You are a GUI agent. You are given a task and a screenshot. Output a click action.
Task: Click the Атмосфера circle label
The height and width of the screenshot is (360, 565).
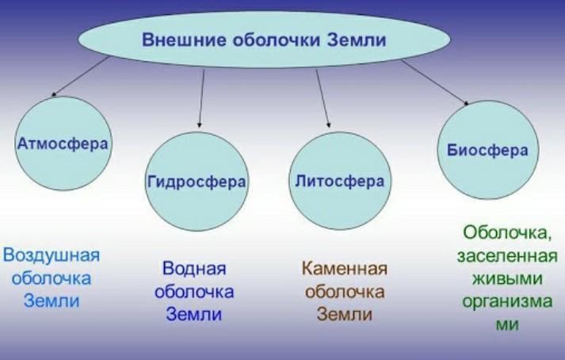point(63,144)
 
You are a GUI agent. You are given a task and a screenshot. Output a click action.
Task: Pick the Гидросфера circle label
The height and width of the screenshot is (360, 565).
point(197,181)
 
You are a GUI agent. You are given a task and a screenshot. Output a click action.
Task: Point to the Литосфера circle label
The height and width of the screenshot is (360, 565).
point(338,181)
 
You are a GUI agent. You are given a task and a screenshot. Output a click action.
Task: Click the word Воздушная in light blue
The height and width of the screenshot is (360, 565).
point(52,255)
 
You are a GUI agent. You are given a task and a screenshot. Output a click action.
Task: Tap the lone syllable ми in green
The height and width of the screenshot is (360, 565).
point(506,325)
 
